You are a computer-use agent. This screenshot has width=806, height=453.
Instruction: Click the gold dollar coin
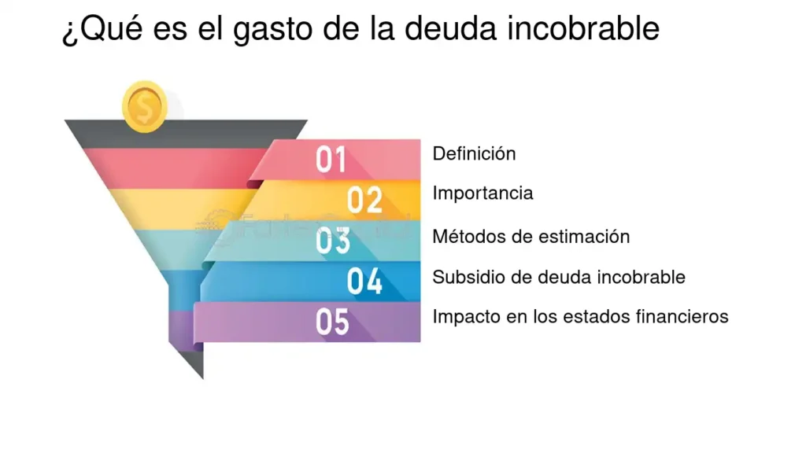click(145, 107)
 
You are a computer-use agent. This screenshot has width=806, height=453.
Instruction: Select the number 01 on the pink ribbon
click(331, 159)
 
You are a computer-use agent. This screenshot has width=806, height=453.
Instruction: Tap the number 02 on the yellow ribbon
click(364, 200)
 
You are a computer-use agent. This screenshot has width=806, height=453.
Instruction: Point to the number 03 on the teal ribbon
click(333, 240)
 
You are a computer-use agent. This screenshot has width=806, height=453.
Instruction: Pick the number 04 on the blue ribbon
click(364, 281)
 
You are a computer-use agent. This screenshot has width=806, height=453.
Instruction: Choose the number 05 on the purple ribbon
click(333, 322)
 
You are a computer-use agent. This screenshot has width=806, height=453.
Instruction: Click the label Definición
click(474, 153)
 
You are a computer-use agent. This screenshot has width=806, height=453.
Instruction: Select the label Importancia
click(482, 193)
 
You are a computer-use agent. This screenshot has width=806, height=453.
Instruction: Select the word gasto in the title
click(272, 29)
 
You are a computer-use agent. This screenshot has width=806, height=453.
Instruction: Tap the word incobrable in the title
click(583, 28)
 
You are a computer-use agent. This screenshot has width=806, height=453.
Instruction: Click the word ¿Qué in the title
click(102, 29)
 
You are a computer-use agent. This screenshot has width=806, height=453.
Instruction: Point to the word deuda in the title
click(451, 28)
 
